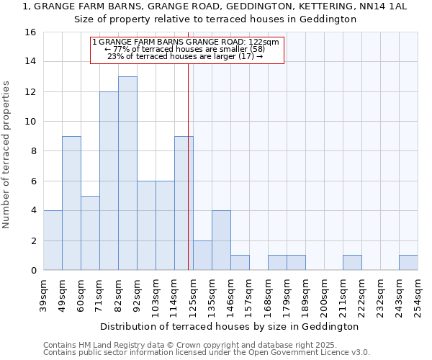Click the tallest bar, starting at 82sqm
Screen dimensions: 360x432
(x=127, y=173)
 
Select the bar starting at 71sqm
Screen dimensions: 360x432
(x=109, y=181)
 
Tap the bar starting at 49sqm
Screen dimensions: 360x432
(x=71, y=203)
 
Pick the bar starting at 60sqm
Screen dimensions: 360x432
(x=90, y=233)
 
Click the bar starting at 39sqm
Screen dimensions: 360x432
(x=53, y=240)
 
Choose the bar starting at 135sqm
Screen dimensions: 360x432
(x=221, y=240)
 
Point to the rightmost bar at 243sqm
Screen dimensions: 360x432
(x=408, y=263)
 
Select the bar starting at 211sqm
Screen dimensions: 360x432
(x=352, y=263)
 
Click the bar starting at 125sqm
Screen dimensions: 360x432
(x=202, y=255)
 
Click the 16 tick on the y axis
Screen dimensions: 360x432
(x=30, y=32)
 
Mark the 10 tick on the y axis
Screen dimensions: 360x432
(x=30, y=122)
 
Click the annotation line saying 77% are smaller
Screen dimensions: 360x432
(x=186, y=49)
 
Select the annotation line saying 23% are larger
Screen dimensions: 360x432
(x=186, y=56)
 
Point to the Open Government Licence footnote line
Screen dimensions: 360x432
(x=207, y=353)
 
